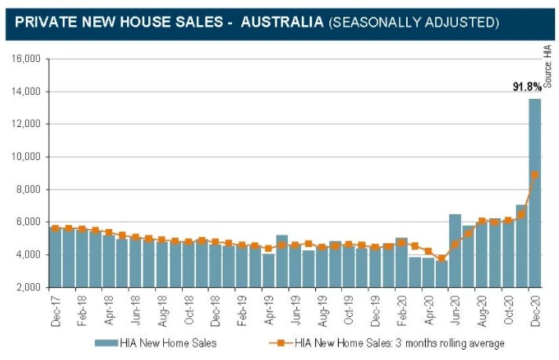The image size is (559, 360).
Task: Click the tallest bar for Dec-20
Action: (535, 192)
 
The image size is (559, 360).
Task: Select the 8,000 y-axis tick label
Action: (29, 189)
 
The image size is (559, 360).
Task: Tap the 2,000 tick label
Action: (29, 287)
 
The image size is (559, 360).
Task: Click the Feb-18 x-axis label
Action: (82, 308)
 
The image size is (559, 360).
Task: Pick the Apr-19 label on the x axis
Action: (269, 308)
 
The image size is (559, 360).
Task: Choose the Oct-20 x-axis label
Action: (509, 308)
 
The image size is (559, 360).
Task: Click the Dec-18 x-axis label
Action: (216, 308)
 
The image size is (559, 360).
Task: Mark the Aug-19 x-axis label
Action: (322, 308)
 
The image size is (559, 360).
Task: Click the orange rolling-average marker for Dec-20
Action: (535, 175)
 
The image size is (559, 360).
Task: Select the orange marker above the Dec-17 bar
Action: (55, 228)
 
